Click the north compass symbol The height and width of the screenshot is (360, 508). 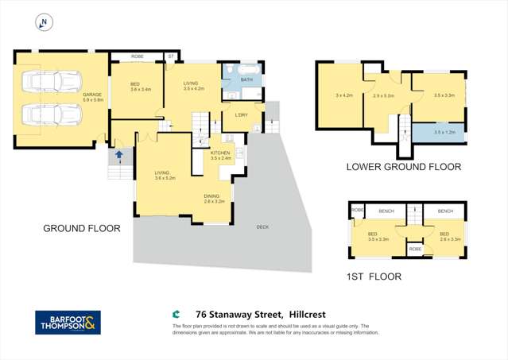(44, 23)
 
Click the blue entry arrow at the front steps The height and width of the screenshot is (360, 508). (119, 155)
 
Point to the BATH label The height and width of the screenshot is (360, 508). (246, 79)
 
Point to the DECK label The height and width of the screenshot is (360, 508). (262, 226)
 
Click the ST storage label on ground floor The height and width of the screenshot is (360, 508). (170, 56)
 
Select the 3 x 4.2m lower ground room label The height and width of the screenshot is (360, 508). (343, 95)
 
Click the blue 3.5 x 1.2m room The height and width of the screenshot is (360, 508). (444, 132)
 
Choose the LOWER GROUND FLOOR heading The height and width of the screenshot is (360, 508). (403, 167)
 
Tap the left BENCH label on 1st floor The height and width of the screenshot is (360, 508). (386, 211)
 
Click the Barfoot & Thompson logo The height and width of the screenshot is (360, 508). (68, 322)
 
